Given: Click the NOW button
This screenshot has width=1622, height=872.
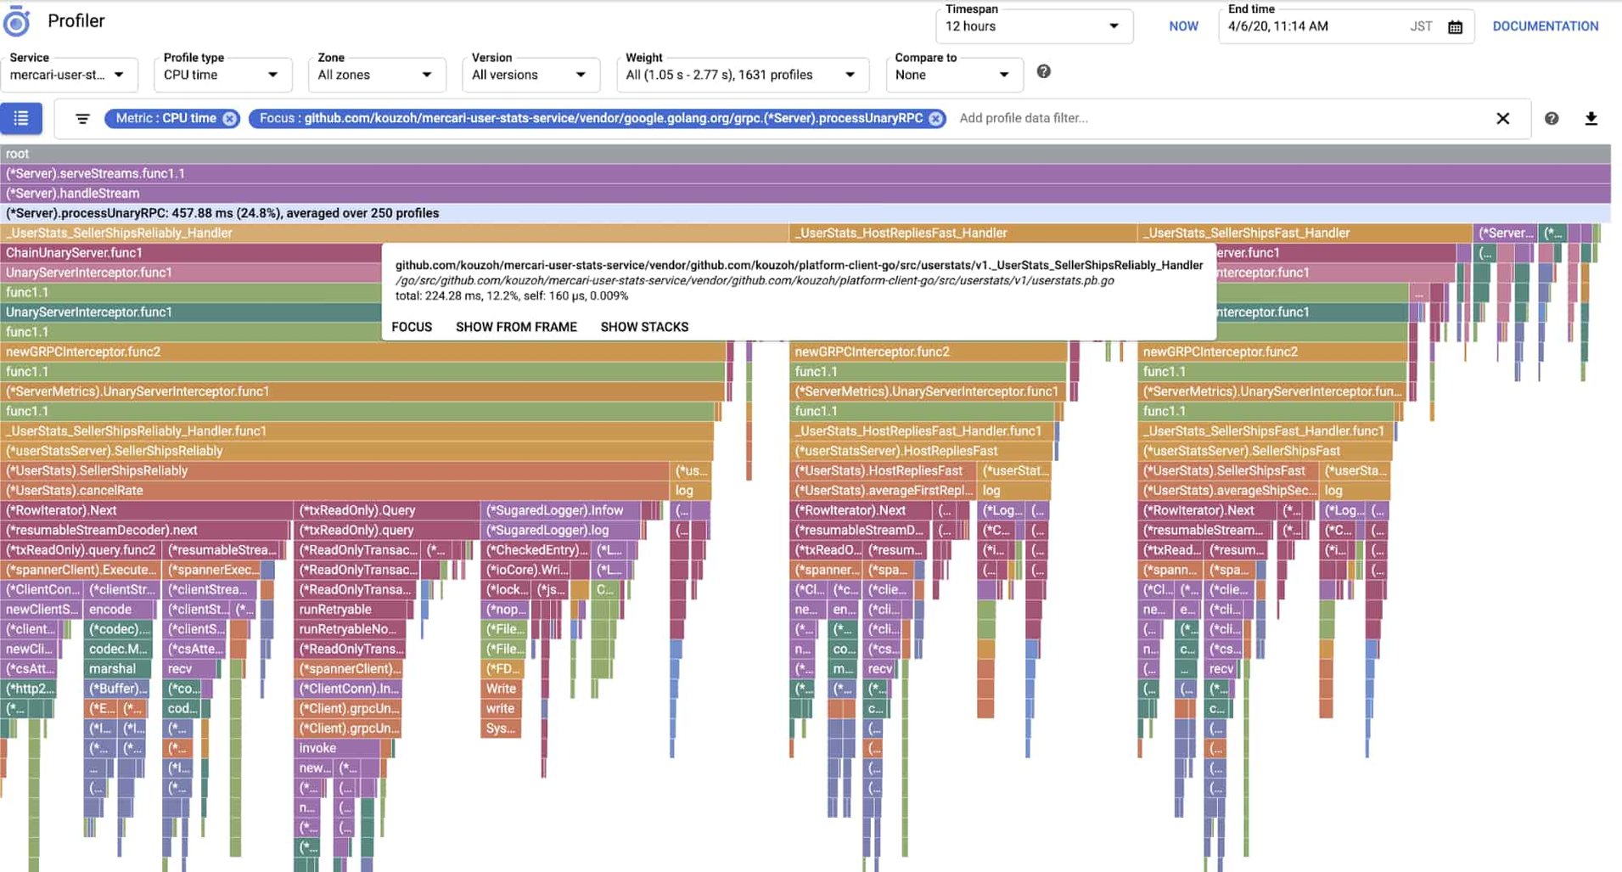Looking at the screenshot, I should tap(1183, 26).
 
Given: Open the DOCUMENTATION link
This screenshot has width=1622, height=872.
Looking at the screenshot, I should tap(1545, 26).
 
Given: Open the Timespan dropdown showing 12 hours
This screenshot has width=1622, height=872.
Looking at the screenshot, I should tap(1033, 26).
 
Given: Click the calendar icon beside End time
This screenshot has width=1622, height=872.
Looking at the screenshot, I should tap(1455, 27).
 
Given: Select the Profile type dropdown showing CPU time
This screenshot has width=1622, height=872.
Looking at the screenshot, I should tap(221, 75).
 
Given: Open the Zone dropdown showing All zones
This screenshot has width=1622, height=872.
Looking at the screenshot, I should tap(374, 75).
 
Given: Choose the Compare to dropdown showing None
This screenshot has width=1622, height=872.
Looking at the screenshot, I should tap(951, 75).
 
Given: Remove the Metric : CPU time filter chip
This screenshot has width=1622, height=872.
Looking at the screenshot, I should tap(230, 119).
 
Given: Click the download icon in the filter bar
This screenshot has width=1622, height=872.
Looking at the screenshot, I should tap(1591, 119).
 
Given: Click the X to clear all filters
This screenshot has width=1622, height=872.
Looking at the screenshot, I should tap(1502, 119).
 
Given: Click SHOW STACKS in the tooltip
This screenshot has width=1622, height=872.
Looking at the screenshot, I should tap(644, 327).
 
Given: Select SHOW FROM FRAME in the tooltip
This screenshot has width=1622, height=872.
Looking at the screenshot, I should tap(516, 327).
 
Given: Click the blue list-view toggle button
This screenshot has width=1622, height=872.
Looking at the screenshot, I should tap(21, 119).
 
